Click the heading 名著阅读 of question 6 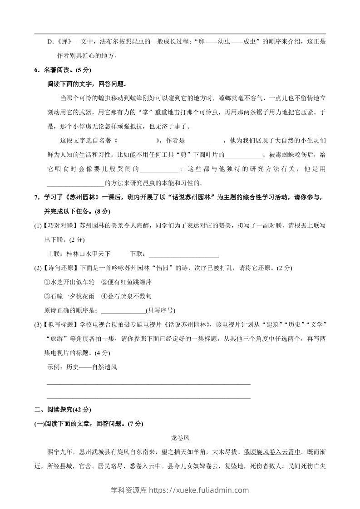point(59,70)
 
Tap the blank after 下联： point(183,253)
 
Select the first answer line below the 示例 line point(148,384)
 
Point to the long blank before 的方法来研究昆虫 point(75,183)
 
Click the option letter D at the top point(50,42)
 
